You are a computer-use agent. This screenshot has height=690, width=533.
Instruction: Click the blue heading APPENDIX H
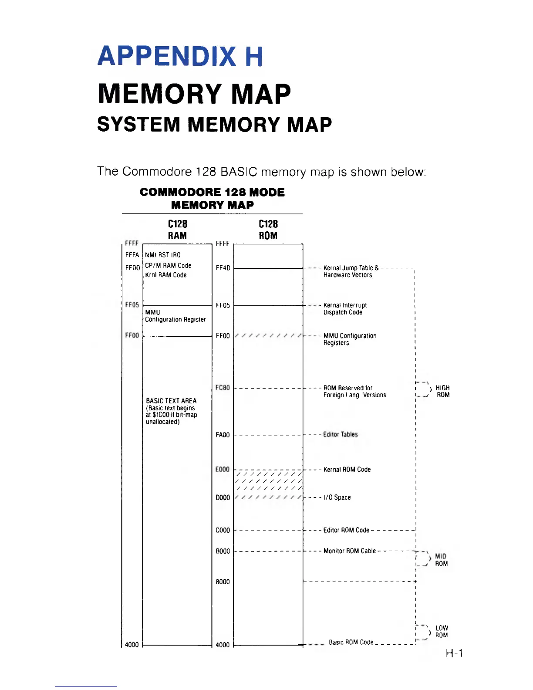pyautogui.click(x=180, y=56)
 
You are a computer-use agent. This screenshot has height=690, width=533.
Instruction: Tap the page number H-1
pyautogui.click(x=454, y=653)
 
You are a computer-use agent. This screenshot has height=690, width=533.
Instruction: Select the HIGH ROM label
pyautogui.click(x=442, y=391)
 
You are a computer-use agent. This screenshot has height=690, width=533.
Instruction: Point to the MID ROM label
pyautogui.click(x=441, y=560)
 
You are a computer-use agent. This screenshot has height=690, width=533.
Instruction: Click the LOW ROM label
pyautogui.click(x=441, y=632)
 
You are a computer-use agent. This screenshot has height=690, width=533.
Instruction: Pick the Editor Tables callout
pyautogui.click(x=341, y=434)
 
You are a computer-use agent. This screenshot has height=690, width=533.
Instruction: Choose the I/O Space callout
pyautogui.click(x=337, y=497)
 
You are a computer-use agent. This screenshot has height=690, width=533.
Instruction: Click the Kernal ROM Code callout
pyautogui.click(x=347, y=469)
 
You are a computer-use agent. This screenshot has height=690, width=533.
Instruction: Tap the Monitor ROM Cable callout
pyautogui.click(x=350, y=551)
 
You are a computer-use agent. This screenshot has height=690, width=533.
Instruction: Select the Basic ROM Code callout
pyautogui.click(x=351, y=642)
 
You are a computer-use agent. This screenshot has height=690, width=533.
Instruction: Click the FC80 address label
pyautogui.click(x=223, y=388)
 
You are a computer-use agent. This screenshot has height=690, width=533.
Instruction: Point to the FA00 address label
pyautogui.click(x=223, y=435)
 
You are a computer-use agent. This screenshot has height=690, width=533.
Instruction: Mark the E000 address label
pyautogui.click(x=223, y=469)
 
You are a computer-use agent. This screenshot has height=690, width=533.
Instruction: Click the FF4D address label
pyautogui.click(x=223, y=267)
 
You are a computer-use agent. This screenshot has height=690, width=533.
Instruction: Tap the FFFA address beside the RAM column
pyautogui.click(x=132, y=255)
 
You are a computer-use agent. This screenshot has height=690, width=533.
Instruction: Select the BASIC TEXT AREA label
pyautogui.click(x=171, y=401)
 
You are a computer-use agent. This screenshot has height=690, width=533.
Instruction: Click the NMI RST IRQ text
pyautogui.click(x=163, y=255)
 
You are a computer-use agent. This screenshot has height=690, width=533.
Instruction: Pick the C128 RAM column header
pyautogui.click(x=178, y=230)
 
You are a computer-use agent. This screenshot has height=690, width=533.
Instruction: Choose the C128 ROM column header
pyautogui.click(x=268, y=230)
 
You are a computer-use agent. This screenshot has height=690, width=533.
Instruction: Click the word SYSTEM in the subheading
pyautogui.click(x=138, y=125)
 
